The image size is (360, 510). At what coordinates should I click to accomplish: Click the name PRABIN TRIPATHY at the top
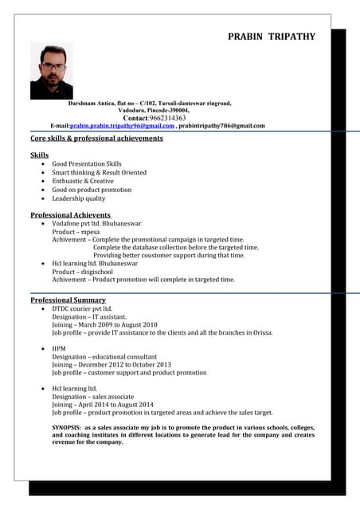pos(272,37)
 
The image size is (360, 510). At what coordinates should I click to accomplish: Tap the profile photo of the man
pos(51,71)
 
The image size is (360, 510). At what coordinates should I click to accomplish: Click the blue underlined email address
pos(122,126)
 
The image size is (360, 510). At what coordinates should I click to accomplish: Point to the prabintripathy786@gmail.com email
pos(221,126)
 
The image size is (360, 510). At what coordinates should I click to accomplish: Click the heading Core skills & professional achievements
pos(96,139)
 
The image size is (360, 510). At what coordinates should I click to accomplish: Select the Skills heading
pos(39,155)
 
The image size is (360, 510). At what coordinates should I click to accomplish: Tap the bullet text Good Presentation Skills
pos(87,163)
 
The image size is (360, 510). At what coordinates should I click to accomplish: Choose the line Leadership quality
pos(79,198)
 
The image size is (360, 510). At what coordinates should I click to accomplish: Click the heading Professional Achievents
pos(71,215)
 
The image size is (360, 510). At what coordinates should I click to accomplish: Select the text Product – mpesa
pos(76,232)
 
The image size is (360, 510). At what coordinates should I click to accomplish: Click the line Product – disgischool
pos(84,272)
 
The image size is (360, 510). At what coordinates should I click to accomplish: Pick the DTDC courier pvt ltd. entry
pos(82,308)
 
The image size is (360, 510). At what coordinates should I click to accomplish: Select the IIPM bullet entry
pos(59,349)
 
